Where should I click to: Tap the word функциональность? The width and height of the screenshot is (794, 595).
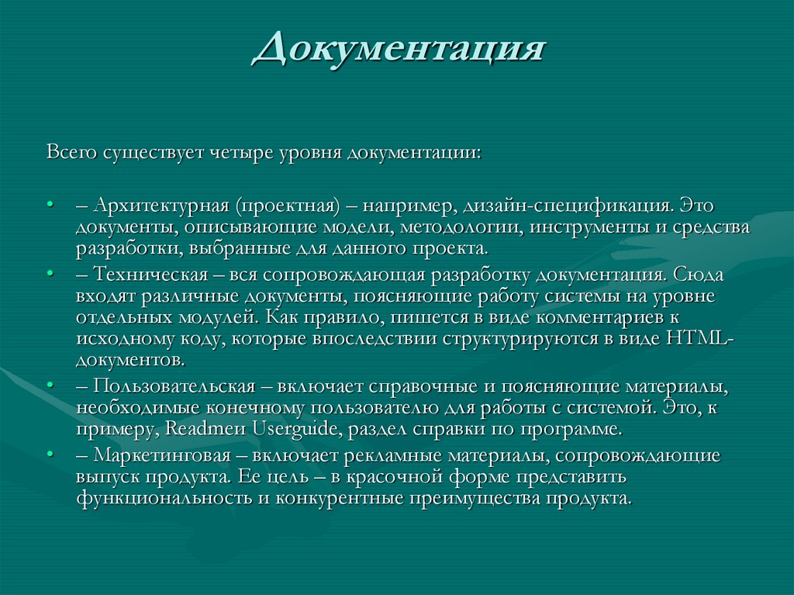click(x=164, y=498)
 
